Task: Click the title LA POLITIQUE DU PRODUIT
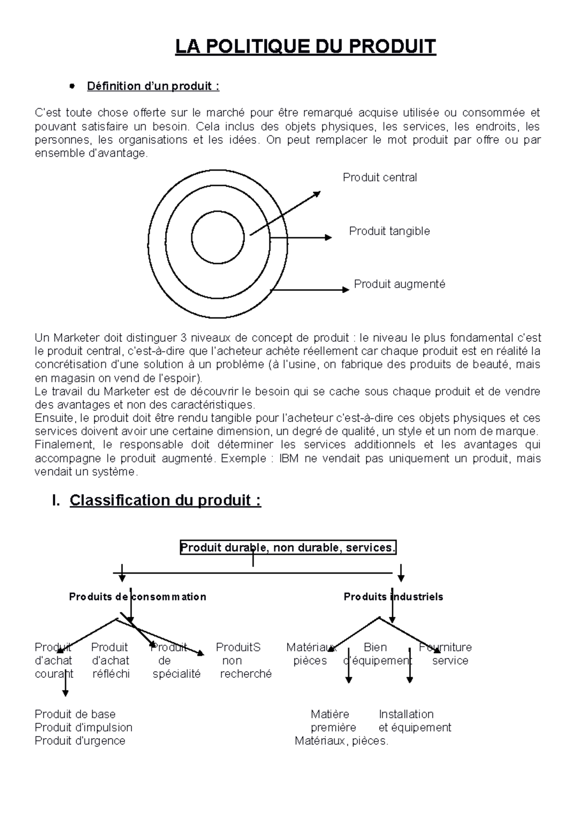[x=305, y=47]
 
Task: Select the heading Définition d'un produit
[x=153, y=86]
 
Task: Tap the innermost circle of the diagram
[x=217, y=237]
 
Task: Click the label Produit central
[x=380, y=178]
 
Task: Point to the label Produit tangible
[x=389, y=231]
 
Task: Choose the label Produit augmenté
[x=399, y=284]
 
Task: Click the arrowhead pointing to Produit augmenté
[x=346, y=289]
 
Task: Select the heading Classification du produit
[x=165, y=500]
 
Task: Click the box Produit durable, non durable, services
[x=288, y=548]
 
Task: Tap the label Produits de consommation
[x=137, y=597]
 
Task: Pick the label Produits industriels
[x=393, y=597]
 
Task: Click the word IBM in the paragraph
[x=289, y=458]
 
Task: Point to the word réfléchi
[x=111, y=674]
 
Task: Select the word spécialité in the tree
[x=177, y=674]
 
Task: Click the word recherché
[x=246, y=674]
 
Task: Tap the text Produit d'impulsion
[x=84, y=728]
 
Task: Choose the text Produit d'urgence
[x=80, y=741]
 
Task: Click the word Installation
[x=406, y=714]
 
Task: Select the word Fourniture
[x=445, y=647]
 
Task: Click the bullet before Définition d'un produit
[x=72, y=86]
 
